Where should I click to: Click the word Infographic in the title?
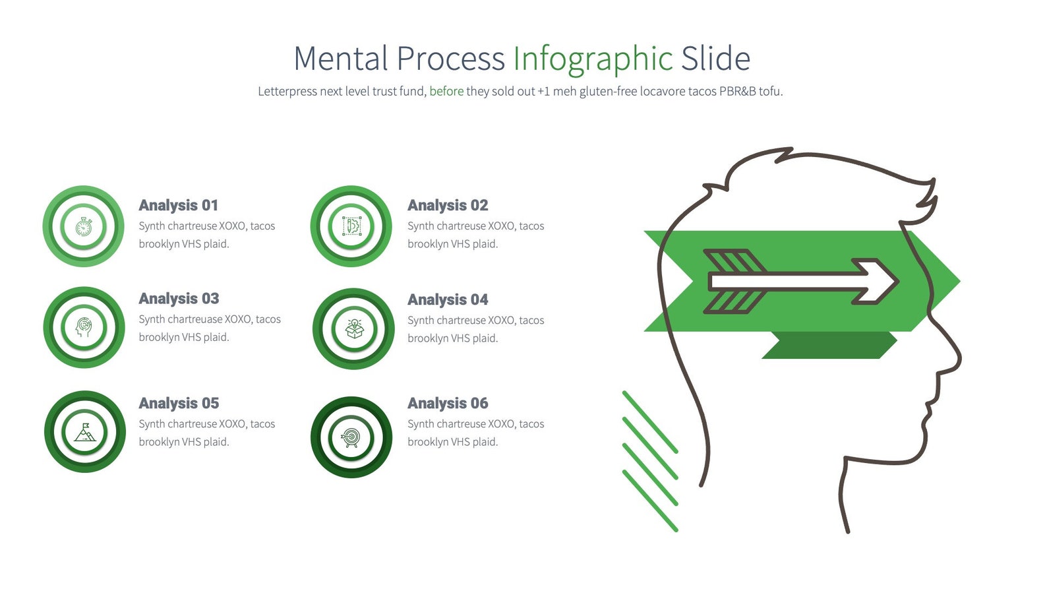coord(592,59)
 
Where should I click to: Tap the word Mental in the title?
coord(341,59)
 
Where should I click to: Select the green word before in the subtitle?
coord(446,91)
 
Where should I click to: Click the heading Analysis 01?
coord(178,205)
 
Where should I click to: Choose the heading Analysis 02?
coord(448,205)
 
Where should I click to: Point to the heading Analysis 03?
coord(179,298)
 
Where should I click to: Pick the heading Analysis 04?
coord(448,299)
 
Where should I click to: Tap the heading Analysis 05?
coord(179,403)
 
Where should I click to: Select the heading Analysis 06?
coord(448,403)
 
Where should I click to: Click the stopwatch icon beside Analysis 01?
coord(84,226)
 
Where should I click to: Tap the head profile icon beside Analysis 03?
coord(84,327)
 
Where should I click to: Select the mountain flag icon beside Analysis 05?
coord(84,433)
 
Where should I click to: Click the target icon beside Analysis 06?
coord(351,437)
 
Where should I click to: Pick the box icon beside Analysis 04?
coord(354,328)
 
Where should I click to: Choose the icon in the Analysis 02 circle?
coord(351,226)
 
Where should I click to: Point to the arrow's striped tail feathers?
coord(733,282)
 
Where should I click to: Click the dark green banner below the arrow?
coord(829,346)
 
